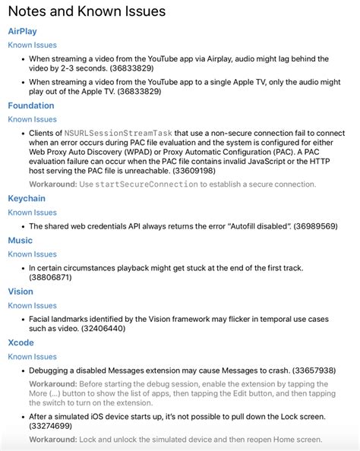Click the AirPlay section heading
(x=22, y=31)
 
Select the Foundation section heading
(x=31, y=106)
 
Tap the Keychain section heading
(x=28, y=198)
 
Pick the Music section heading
(x=21, y=241)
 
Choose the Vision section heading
(x=21, y=292)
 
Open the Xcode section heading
(x=21, y=342)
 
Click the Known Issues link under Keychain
(x=32, y=213)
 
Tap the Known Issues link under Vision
(x=32, y=306)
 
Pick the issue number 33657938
(x=314, y=371)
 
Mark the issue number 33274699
(x=52, y=427)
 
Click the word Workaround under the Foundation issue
(x=52, y=184)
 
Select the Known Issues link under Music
(x=32, y=255)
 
